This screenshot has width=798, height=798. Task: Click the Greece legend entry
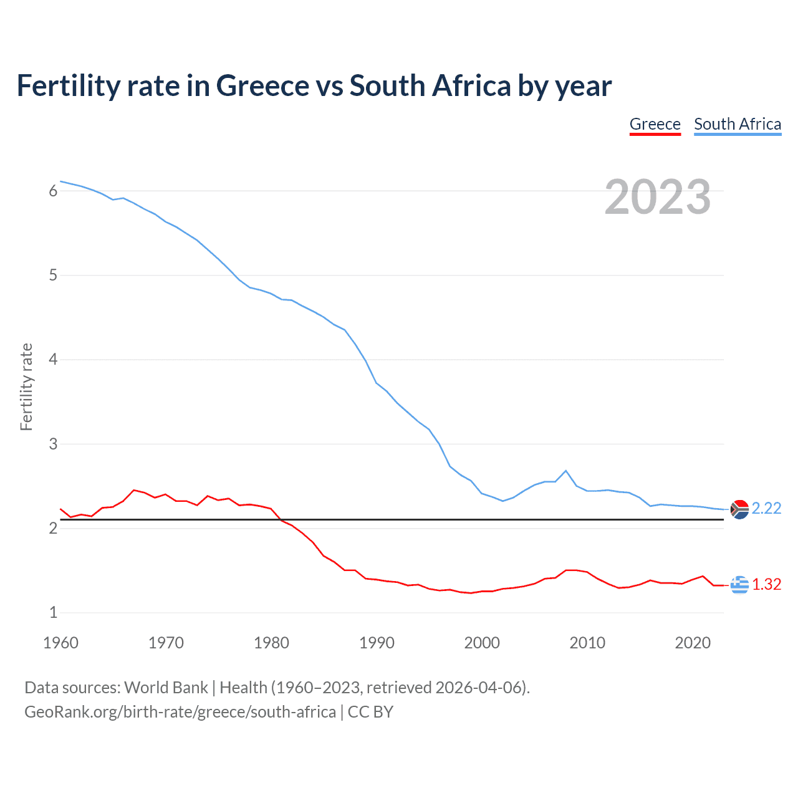pyautogui.click(x=655, y=124)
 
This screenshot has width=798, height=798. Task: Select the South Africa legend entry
pyautogui.click(x=738, y=124)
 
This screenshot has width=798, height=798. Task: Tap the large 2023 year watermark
pyautogui.click(x=657, y=197)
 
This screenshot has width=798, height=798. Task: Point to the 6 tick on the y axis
pyautogui.click(x=53, y=191)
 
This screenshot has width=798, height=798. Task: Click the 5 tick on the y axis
pyautogui.click(x=53, y=275)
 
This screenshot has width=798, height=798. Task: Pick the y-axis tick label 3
pyautogui.click(x=53, y=444)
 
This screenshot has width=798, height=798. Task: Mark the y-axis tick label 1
pyautogui.click(x=53, y=612)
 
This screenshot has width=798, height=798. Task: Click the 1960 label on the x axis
pyautogui.click(x=60, y=643)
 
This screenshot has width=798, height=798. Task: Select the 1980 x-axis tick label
pyautogui.click(x=271, y=643)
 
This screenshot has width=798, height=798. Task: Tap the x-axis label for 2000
pyautogui.click(x=482, y=643)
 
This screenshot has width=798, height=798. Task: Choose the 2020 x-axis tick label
pyautogui.click(x=693, y=643)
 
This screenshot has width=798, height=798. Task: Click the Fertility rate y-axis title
pyautogui.click(x=26, y=387)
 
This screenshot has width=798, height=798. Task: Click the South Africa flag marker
pyautogui.click(x=739, y=509)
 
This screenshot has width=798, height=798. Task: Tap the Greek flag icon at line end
pyautogui.click(x=739, y=585)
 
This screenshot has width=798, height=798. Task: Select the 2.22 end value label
pyautogui.click(x=766, y=508)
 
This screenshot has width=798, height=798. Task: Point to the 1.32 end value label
pyautogui.click(x=766, y=584)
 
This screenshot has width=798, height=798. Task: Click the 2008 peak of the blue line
pyautogui.click(x=565, y=471)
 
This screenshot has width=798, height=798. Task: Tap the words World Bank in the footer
pyautogui.click(x=166, y=688)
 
